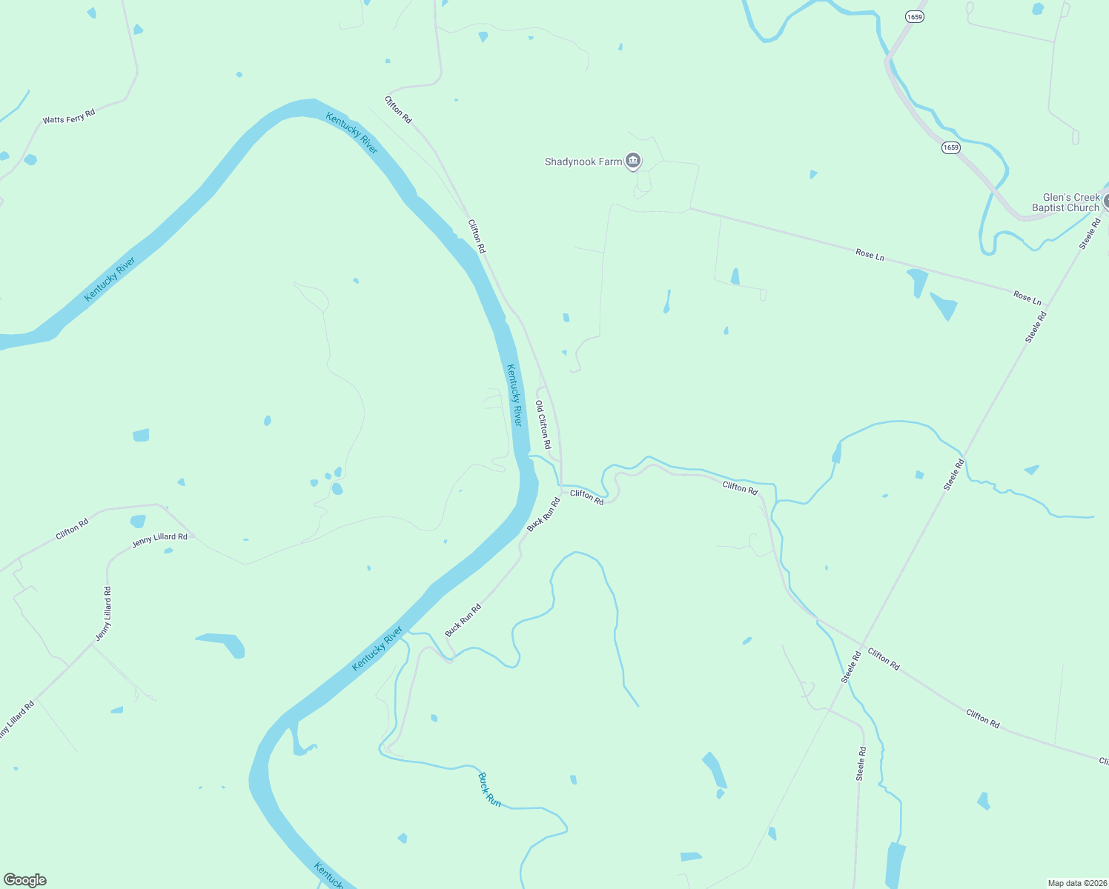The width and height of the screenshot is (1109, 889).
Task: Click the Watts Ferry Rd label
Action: coord(69,117)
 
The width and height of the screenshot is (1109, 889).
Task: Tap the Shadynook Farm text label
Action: coord(583,162)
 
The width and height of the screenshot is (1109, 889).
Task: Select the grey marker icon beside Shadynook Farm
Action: coord(633,161)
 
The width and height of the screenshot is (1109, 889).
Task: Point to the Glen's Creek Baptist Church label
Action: coord(1066,202)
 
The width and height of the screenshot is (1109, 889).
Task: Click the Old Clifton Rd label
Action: coord(543,424)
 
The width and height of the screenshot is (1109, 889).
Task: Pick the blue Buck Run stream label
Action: coord(489,790)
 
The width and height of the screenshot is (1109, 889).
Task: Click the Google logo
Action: coord(25,880)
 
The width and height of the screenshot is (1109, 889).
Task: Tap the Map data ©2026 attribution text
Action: coord(1077,883)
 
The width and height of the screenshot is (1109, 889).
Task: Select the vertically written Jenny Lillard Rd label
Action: coord(104,613)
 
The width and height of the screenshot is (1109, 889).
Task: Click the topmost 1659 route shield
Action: coord(915,16)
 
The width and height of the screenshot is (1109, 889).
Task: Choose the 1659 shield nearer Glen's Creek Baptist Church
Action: coord(951,147)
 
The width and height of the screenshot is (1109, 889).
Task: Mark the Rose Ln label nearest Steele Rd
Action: coord(1027,298)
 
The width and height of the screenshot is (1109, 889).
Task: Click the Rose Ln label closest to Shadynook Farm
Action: coord(870,255)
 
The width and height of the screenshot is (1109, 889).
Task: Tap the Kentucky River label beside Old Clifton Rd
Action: coord(514,394)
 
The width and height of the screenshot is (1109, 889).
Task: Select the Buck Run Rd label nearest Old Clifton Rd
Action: coord(543,514)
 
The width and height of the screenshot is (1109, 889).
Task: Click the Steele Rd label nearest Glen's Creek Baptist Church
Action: coord(1090,233)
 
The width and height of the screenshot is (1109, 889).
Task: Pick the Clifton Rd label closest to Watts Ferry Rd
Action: coord(398,110)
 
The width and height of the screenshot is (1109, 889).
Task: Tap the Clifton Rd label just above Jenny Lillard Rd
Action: coord(73,528)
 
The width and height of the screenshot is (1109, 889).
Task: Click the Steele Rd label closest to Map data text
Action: coord(861,763)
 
